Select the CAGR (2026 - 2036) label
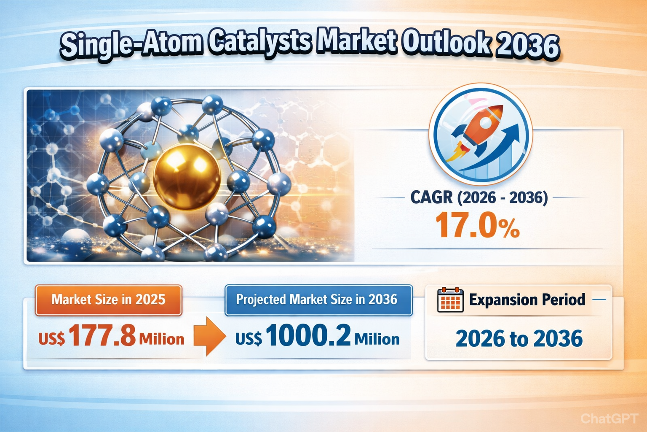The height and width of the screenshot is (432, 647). (479, 197)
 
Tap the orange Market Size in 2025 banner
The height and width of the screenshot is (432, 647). (108, 300)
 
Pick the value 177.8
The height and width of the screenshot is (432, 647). (102, 336)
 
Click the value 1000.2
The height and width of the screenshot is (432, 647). (308, 336)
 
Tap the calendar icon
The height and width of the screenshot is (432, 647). (450, 300)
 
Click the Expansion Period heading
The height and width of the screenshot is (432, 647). (527, 300)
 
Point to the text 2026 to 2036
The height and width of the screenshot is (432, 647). (519, 339)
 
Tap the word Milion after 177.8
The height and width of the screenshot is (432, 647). (161, 339)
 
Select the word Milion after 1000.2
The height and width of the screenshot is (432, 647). (377, 339)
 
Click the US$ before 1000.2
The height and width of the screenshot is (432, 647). (249, 339)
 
